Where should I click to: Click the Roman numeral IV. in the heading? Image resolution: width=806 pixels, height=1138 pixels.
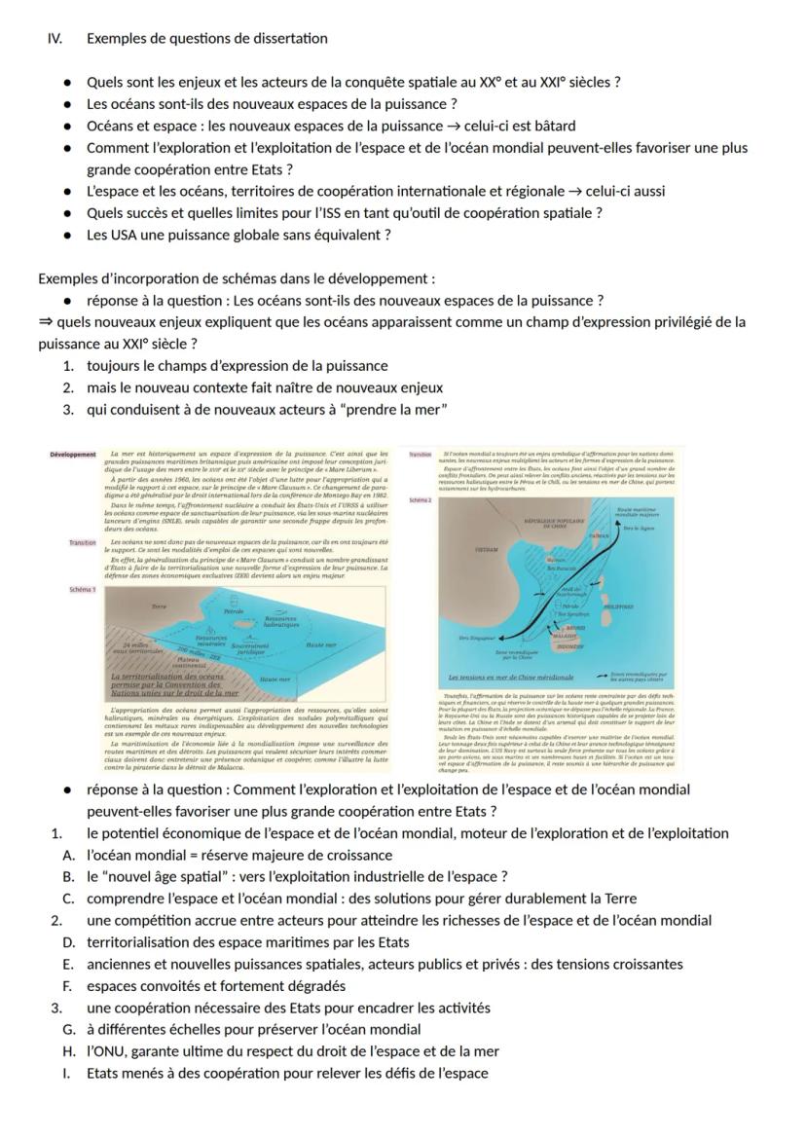click(55, 39)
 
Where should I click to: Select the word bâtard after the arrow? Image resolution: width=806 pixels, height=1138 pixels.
click(552, 126)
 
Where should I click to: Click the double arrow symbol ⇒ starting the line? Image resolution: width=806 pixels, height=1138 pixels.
click(45, 322)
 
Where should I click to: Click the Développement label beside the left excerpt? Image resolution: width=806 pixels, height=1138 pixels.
click(74, 455)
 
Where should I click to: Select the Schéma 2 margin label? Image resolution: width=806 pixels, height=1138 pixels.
click(420, 499)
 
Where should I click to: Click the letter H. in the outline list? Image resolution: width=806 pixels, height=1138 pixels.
click(69, 1051)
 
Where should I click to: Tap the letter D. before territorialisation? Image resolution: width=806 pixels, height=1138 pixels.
click(69, 942)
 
